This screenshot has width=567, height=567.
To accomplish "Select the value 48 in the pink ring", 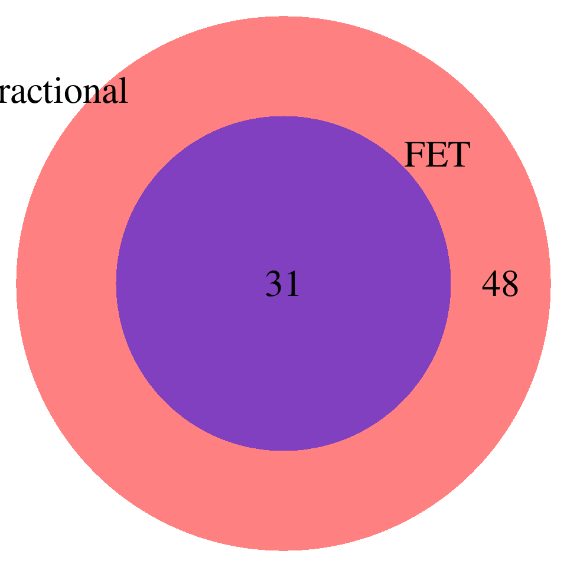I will click(500, 285).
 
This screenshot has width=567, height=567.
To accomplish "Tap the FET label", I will click(436, 155).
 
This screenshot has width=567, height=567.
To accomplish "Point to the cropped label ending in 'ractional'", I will click(63, 92).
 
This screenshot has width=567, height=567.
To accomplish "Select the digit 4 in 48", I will click(491, 285).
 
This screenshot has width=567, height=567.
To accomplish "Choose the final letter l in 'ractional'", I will click(122, 91).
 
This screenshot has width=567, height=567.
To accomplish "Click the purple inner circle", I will click(283, 366).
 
